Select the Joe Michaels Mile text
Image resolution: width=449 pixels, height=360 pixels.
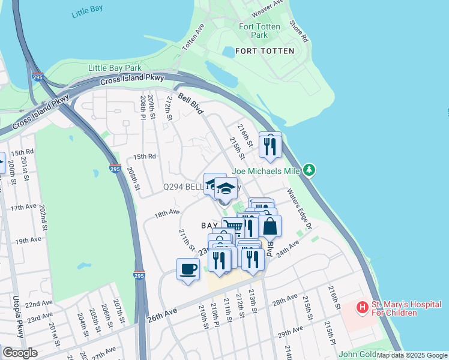click(x=266, y=170)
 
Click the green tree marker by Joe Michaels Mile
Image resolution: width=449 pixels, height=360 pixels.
click(x=309, y=170)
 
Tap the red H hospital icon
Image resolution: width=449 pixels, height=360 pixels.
click(x=362, y=308)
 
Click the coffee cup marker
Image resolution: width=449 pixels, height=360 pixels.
click(x=188, y=268)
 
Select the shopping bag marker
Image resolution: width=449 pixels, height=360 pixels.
click(x=270, y=226)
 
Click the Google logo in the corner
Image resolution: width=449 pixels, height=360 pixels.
click(x=20, y=353)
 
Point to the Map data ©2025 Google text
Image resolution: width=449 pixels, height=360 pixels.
click(x=411, y=355)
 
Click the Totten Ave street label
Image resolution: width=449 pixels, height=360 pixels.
click(x=193, y=37)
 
